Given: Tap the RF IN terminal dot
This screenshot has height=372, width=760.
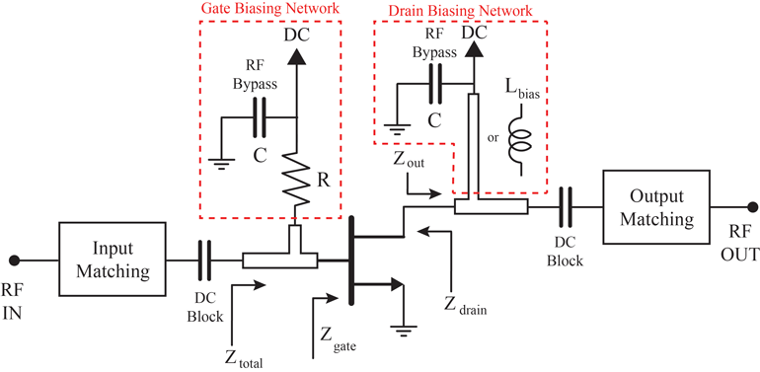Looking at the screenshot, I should pos(14,260).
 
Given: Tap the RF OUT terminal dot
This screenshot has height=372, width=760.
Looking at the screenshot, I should pos(752,207).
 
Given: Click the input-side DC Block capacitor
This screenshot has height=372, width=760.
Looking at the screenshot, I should pos(205,260).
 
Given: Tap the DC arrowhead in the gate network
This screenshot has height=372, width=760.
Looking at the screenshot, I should pos(295,56).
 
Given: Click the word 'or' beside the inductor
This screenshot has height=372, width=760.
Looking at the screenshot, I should pos(493,137).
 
